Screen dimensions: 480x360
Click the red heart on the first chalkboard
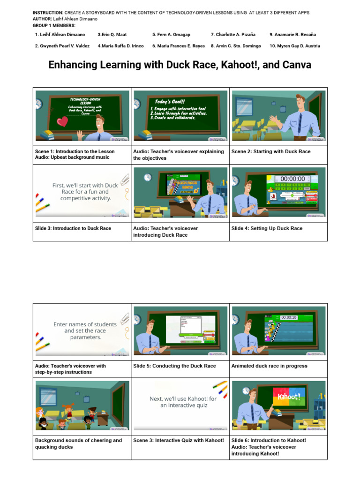point(62,122)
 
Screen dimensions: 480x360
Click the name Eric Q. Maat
point(112,35)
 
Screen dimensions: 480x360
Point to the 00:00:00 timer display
point(292,179)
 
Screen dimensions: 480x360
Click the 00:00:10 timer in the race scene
point(289,317)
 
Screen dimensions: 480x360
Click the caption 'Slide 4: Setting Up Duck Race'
point(267,228)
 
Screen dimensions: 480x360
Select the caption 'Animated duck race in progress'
point(269,366)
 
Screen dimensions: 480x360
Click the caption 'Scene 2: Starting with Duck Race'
point(270,151)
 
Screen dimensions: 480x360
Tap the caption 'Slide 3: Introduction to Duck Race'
point(73,228)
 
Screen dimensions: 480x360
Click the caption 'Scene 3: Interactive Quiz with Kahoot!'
point(179,440)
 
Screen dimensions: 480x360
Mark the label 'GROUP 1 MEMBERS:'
point(49,25)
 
